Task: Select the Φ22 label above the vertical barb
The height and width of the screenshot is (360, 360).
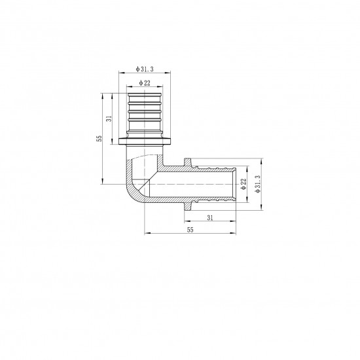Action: pos(144,84)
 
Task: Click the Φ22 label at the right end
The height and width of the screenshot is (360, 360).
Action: pos(242,185)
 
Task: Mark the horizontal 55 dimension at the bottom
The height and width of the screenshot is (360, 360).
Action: pos(190,230)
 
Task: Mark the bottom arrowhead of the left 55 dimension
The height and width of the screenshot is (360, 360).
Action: pos(102,181)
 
